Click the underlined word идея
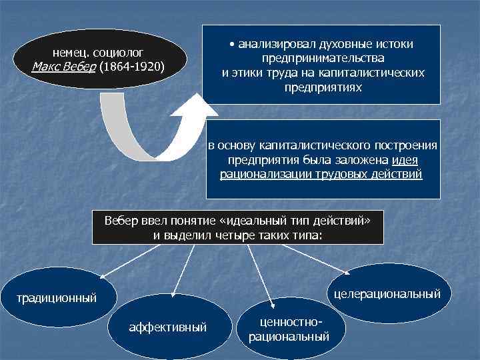pyautogui.click(x=405, y=161)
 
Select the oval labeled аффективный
pyautogui.click(x=168, y=327)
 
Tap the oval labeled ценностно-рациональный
pyautogui.click(x=288, y=329)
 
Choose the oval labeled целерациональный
pyautogui.click(x=387, y=293)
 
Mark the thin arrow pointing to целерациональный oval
pyautogui.click(x=313, y=259)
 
